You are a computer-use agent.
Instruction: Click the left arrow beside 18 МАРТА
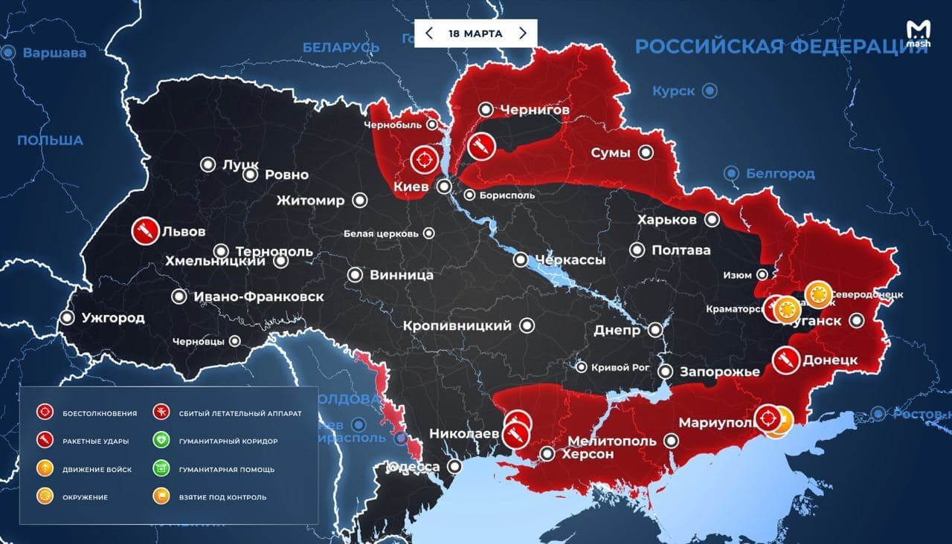point(429,33)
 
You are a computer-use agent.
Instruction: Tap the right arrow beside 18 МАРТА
point(523,33)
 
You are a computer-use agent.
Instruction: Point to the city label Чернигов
point(535,110)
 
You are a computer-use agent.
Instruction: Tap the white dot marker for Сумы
point(646,153)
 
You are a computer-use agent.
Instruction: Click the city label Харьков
point(666,220)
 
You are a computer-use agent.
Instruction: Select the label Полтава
point(681,250)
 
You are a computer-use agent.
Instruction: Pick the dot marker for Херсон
point(547,453)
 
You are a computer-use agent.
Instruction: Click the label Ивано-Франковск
point(258,297)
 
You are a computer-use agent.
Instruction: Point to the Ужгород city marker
point(67,318)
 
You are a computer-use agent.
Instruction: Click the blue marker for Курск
point(710,91)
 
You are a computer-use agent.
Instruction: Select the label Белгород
point(779,174)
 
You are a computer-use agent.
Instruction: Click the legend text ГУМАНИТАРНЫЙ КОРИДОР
point(228,441)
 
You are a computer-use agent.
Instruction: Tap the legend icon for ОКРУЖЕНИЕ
point(46,496)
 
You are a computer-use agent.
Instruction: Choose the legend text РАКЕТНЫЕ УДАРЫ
point(95,441)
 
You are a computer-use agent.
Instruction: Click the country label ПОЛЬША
point(50,140)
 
